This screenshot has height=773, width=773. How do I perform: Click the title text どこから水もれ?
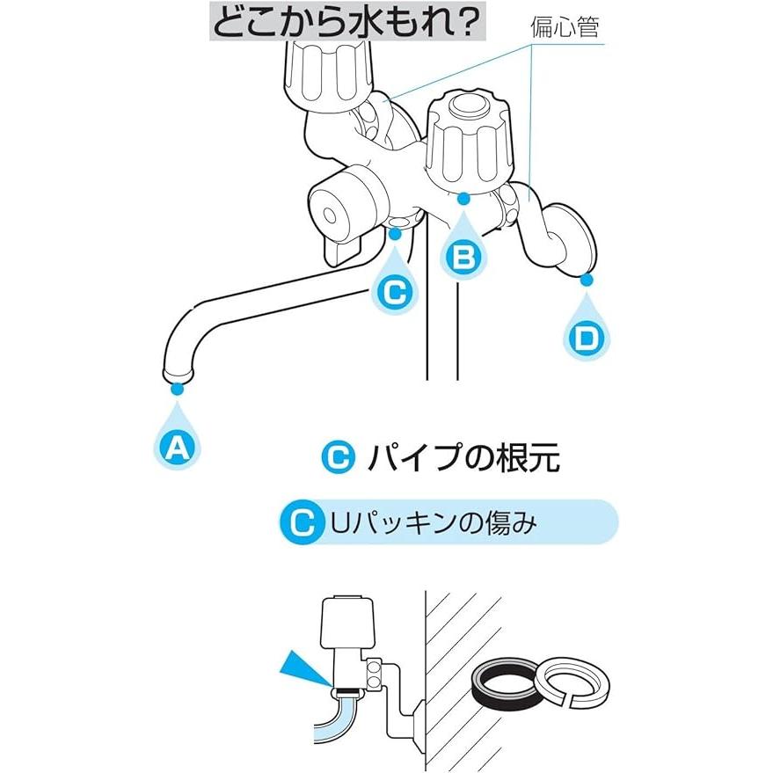[x=347, y=21]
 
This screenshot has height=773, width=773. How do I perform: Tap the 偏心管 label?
[x=564, y=26]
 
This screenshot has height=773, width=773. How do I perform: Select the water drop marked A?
[x=178, y=446]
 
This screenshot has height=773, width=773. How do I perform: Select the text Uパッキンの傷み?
[x=433, y=523]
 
